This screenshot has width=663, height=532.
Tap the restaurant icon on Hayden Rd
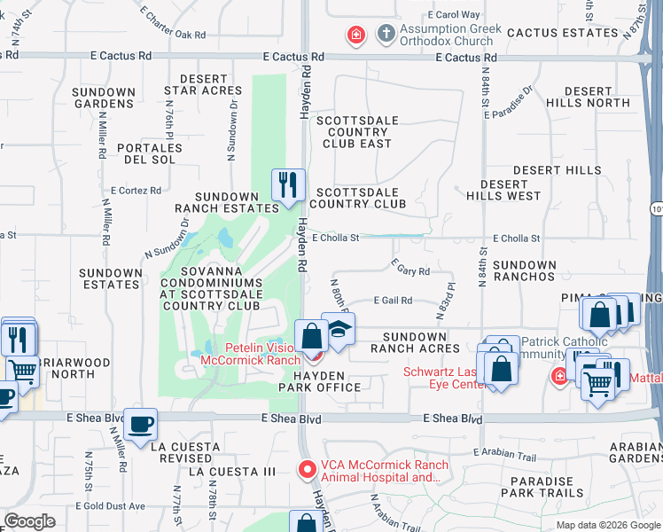(x=288, y=185)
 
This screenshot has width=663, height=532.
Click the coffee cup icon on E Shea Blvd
(x=140, y=424)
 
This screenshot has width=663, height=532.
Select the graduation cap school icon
(x=338, y=329)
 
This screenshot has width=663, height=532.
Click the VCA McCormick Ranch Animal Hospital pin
(x=307, y=468)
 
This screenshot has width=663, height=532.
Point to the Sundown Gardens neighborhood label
(x=105, y=98)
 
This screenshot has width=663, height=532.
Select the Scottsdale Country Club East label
(x=357, y=132)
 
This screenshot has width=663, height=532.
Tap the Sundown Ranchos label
(x=525, y=270)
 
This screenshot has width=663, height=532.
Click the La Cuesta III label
(x=233, y=471)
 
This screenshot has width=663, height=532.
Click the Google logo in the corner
(x=30, y=521)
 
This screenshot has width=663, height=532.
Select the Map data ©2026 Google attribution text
(x=607, y=525)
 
